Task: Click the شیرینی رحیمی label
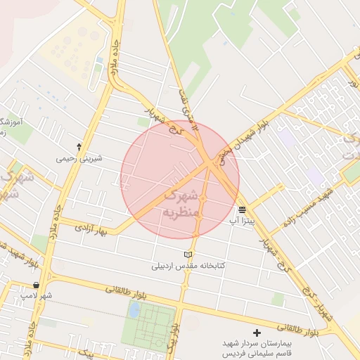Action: (79, 158)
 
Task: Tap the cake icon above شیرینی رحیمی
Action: (79, 147)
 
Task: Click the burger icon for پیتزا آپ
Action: (242, 210)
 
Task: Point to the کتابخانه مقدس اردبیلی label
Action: (187, 266)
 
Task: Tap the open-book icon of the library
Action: (187, 255)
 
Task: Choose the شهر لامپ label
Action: (36, 296)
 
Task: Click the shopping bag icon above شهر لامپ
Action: (36, 285)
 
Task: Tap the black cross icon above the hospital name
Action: (256, 332)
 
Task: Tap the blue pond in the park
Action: (134, 310)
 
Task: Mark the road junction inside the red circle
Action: (210, 165)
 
